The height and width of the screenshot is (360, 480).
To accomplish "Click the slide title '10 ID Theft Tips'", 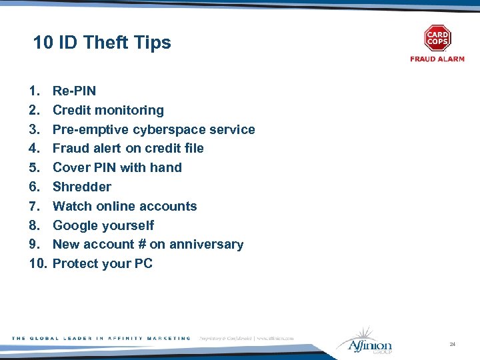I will click(x=102, y=43).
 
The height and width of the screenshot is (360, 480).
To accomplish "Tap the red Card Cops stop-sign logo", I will click(x=437, y=39).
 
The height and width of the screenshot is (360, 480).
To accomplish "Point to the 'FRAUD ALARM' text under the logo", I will click(x=437, y=59).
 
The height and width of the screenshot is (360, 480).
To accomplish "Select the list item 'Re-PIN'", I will click(x=74, y=91).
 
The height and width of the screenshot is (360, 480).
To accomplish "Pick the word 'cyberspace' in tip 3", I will click(x=177, y=129).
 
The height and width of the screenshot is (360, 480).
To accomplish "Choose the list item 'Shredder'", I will click(x=82, y=187).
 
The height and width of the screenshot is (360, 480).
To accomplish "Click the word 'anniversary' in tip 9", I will click(x=206, y=245).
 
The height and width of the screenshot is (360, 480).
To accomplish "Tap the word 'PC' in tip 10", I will click(x=143, y=264).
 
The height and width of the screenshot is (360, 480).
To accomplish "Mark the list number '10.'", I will click(x=39, y=264).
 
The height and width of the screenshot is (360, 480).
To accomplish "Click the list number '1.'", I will click(x=34, y=91).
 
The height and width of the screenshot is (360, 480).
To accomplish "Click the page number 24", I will click(x=453, y=344).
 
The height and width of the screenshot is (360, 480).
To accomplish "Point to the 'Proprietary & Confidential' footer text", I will click(x=223, y=339).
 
